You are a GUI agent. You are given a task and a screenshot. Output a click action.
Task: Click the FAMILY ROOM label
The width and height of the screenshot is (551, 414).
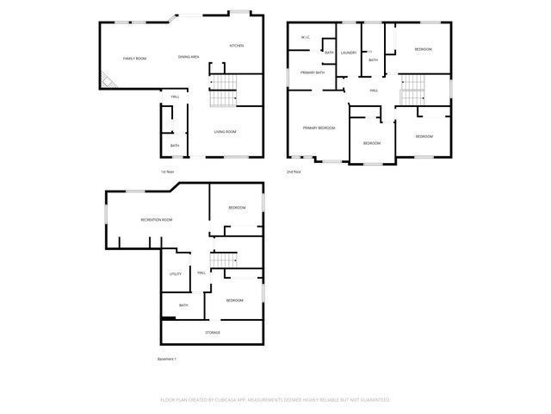(134, 58)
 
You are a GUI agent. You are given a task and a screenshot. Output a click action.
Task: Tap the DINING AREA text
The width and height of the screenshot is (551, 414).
(189, 57)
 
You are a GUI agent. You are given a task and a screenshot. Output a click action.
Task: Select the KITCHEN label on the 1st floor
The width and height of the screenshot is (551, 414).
(236, 46)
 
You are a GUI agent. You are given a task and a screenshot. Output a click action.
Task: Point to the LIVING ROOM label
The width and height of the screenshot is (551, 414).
(226, 131)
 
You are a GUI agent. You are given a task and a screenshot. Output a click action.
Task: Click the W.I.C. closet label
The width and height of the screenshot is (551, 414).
(306, 37)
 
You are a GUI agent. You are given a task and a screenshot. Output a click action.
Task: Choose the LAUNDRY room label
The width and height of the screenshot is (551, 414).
(348, 53)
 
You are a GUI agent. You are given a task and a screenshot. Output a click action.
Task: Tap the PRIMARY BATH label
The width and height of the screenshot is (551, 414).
(313, 72)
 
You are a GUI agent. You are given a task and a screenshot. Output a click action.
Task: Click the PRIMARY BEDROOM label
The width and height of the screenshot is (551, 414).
(319, 128)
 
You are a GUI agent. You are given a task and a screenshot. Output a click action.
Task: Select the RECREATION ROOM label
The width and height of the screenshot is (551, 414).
(157, 220)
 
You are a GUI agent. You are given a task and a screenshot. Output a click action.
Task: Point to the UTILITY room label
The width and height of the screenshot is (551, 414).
(176, 274)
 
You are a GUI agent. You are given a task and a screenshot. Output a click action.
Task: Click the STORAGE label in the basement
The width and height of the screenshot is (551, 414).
(212, 332)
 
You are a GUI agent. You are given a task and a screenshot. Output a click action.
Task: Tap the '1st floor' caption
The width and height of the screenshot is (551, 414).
(167, 172)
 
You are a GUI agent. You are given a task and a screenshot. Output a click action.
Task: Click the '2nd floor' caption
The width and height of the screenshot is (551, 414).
(294, 172)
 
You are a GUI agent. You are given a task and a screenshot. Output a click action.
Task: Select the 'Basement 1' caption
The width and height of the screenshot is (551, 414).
(166, 358)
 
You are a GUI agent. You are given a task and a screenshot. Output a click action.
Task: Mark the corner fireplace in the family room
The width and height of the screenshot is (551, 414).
(108, 81)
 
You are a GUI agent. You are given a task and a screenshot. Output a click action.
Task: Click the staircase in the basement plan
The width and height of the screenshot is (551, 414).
(224, 260)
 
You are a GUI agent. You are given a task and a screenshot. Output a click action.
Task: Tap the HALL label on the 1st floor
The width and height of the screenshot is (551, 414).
(175, 96)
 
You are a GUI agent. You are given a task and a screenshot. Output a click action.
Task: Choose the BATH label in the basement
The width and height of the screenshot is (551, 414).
(183, 305)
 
